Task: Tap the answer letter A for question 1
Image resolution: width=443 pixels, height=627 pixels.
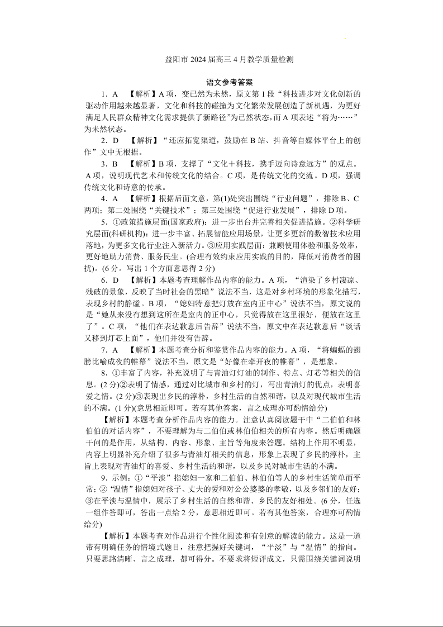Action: [x=115, y=94]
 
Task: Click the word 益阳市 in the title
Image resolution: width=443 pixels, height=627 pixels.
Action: [x=177, y=59]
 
